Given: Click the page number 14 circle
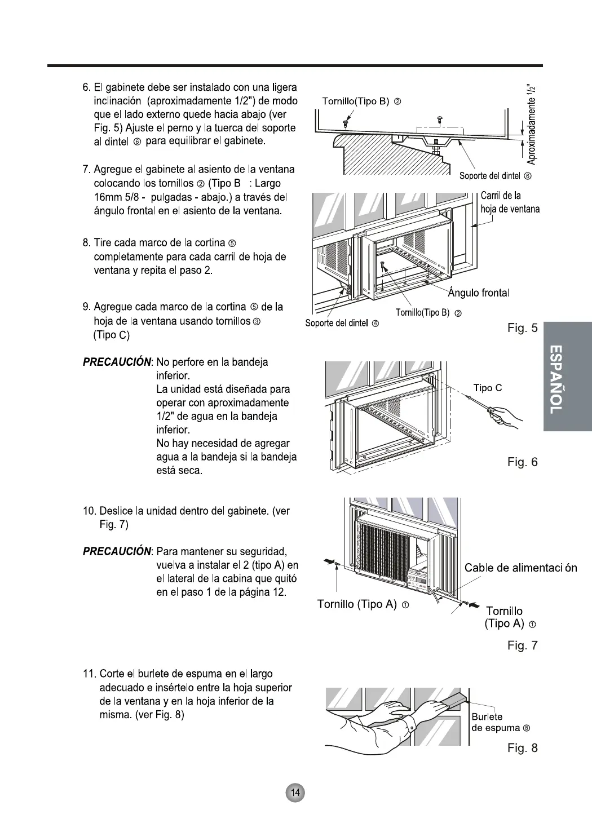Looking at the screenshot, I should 295,793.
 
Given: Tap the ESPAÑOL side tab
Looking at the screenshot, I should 568,377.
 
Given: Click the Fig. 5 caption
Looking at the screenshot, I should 522,328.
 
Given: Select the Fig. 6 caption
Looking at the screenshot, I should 522,462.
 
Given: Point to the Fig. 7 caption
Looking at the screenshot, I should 522,645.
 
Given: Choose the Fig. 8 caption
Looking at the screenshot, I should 522,748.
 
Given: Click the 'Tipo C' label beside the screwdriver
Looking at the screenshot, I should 487,388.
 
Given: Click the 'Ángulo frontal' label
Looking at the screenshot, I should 478,293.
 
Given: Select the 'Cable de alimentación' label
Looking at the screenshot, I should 520,568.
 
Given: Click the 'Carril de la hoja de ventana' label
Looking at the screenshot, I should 510,202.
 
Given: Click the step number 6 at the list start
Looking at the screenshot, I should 86,88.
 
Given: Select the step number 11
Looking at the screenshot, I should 90,674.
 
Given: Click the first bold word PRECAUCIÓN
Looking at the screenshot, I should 118,362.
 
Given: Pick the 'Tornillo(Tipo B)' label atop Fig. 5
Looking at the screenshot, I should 361,101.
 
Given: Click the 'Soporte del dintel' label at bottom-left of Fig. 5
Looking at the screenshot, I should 342,323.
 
